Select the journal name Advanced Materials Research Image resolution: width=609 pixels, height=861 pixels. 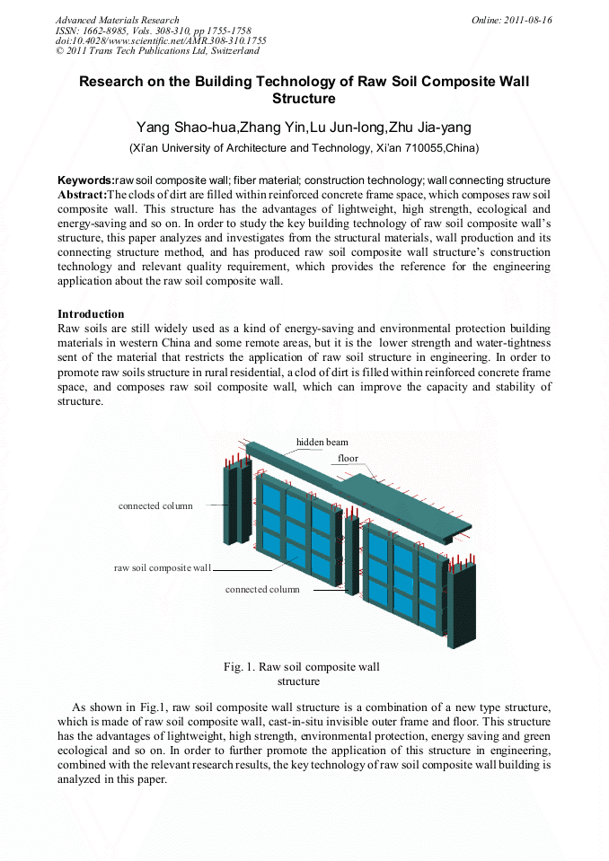[117, 20]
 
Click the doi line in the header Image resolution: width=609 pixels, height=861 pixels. [161, 40]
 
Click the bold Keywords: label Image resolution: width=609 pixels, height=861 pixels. [86, 180]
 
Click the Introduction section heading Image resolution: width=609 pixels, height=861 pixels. [91, 314]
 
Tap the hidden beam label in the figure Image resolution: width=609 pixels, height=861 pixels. [322, 442]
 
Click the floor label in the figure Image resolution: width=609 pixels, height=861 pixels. [348, 459]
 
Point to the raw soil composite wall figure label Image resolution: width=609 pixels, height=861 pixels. [163, 567]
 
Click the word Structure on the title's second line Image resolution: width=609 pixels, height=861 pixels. [304, 99]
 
